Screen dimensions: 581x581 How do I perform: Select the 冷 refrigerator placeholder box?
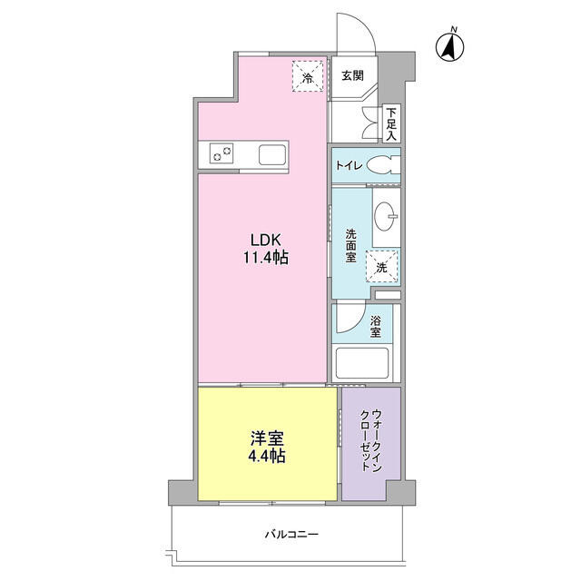coord(308,75)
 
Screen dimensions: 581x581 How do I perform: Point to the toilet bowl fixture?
coord(385,165)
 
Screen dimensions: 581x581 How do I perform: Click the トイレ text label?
coord(350,165)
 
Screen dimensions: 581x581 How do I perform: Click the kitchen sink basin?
coord(272,154)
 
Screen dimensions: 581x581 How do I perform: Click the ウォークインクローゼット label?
coord(370,442)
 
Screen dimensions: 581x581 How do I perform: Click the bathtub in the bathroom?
coord(364,364)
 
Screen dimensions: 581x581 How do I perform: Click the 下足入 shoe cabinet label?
coord(390,123)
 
